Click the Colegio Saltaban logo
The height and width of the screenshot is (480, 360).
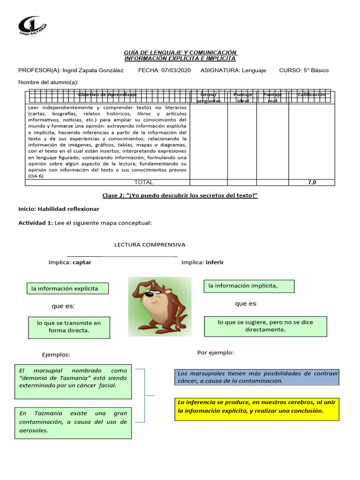tap(33, 29)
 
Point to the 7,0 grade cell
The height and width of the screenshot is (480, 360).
tap(312, 182)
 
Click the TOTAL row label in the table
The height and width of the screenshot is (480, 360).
tap(143, 182)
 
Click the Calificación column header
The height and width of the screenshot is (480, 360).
tap(311, 95)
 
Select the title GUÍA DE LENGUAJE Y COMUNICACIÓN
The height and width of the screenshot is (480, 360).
tap(180, 52)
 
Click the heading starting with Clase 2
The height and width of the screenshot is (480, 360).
tap(180, 195)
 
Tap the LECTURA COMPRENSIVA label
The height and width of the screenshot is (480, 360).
tap(150, 245)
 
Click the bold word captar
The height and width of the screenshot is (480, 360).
tap(82, 262)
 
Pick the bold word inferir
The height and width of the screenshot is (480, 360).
tap(215, 262)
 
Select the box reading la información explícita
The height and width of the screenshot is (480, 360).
tap(68, 288)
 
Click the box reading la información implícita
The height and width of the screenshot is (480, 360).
tap(249, 286)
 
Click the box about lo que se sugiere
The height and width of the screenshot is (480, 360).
tap(265, 326)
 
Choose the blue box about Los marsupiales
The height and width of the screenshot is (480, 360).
tap(256, 377)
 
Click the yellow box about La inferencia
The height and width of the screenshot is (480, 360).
tap(256, 406)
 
